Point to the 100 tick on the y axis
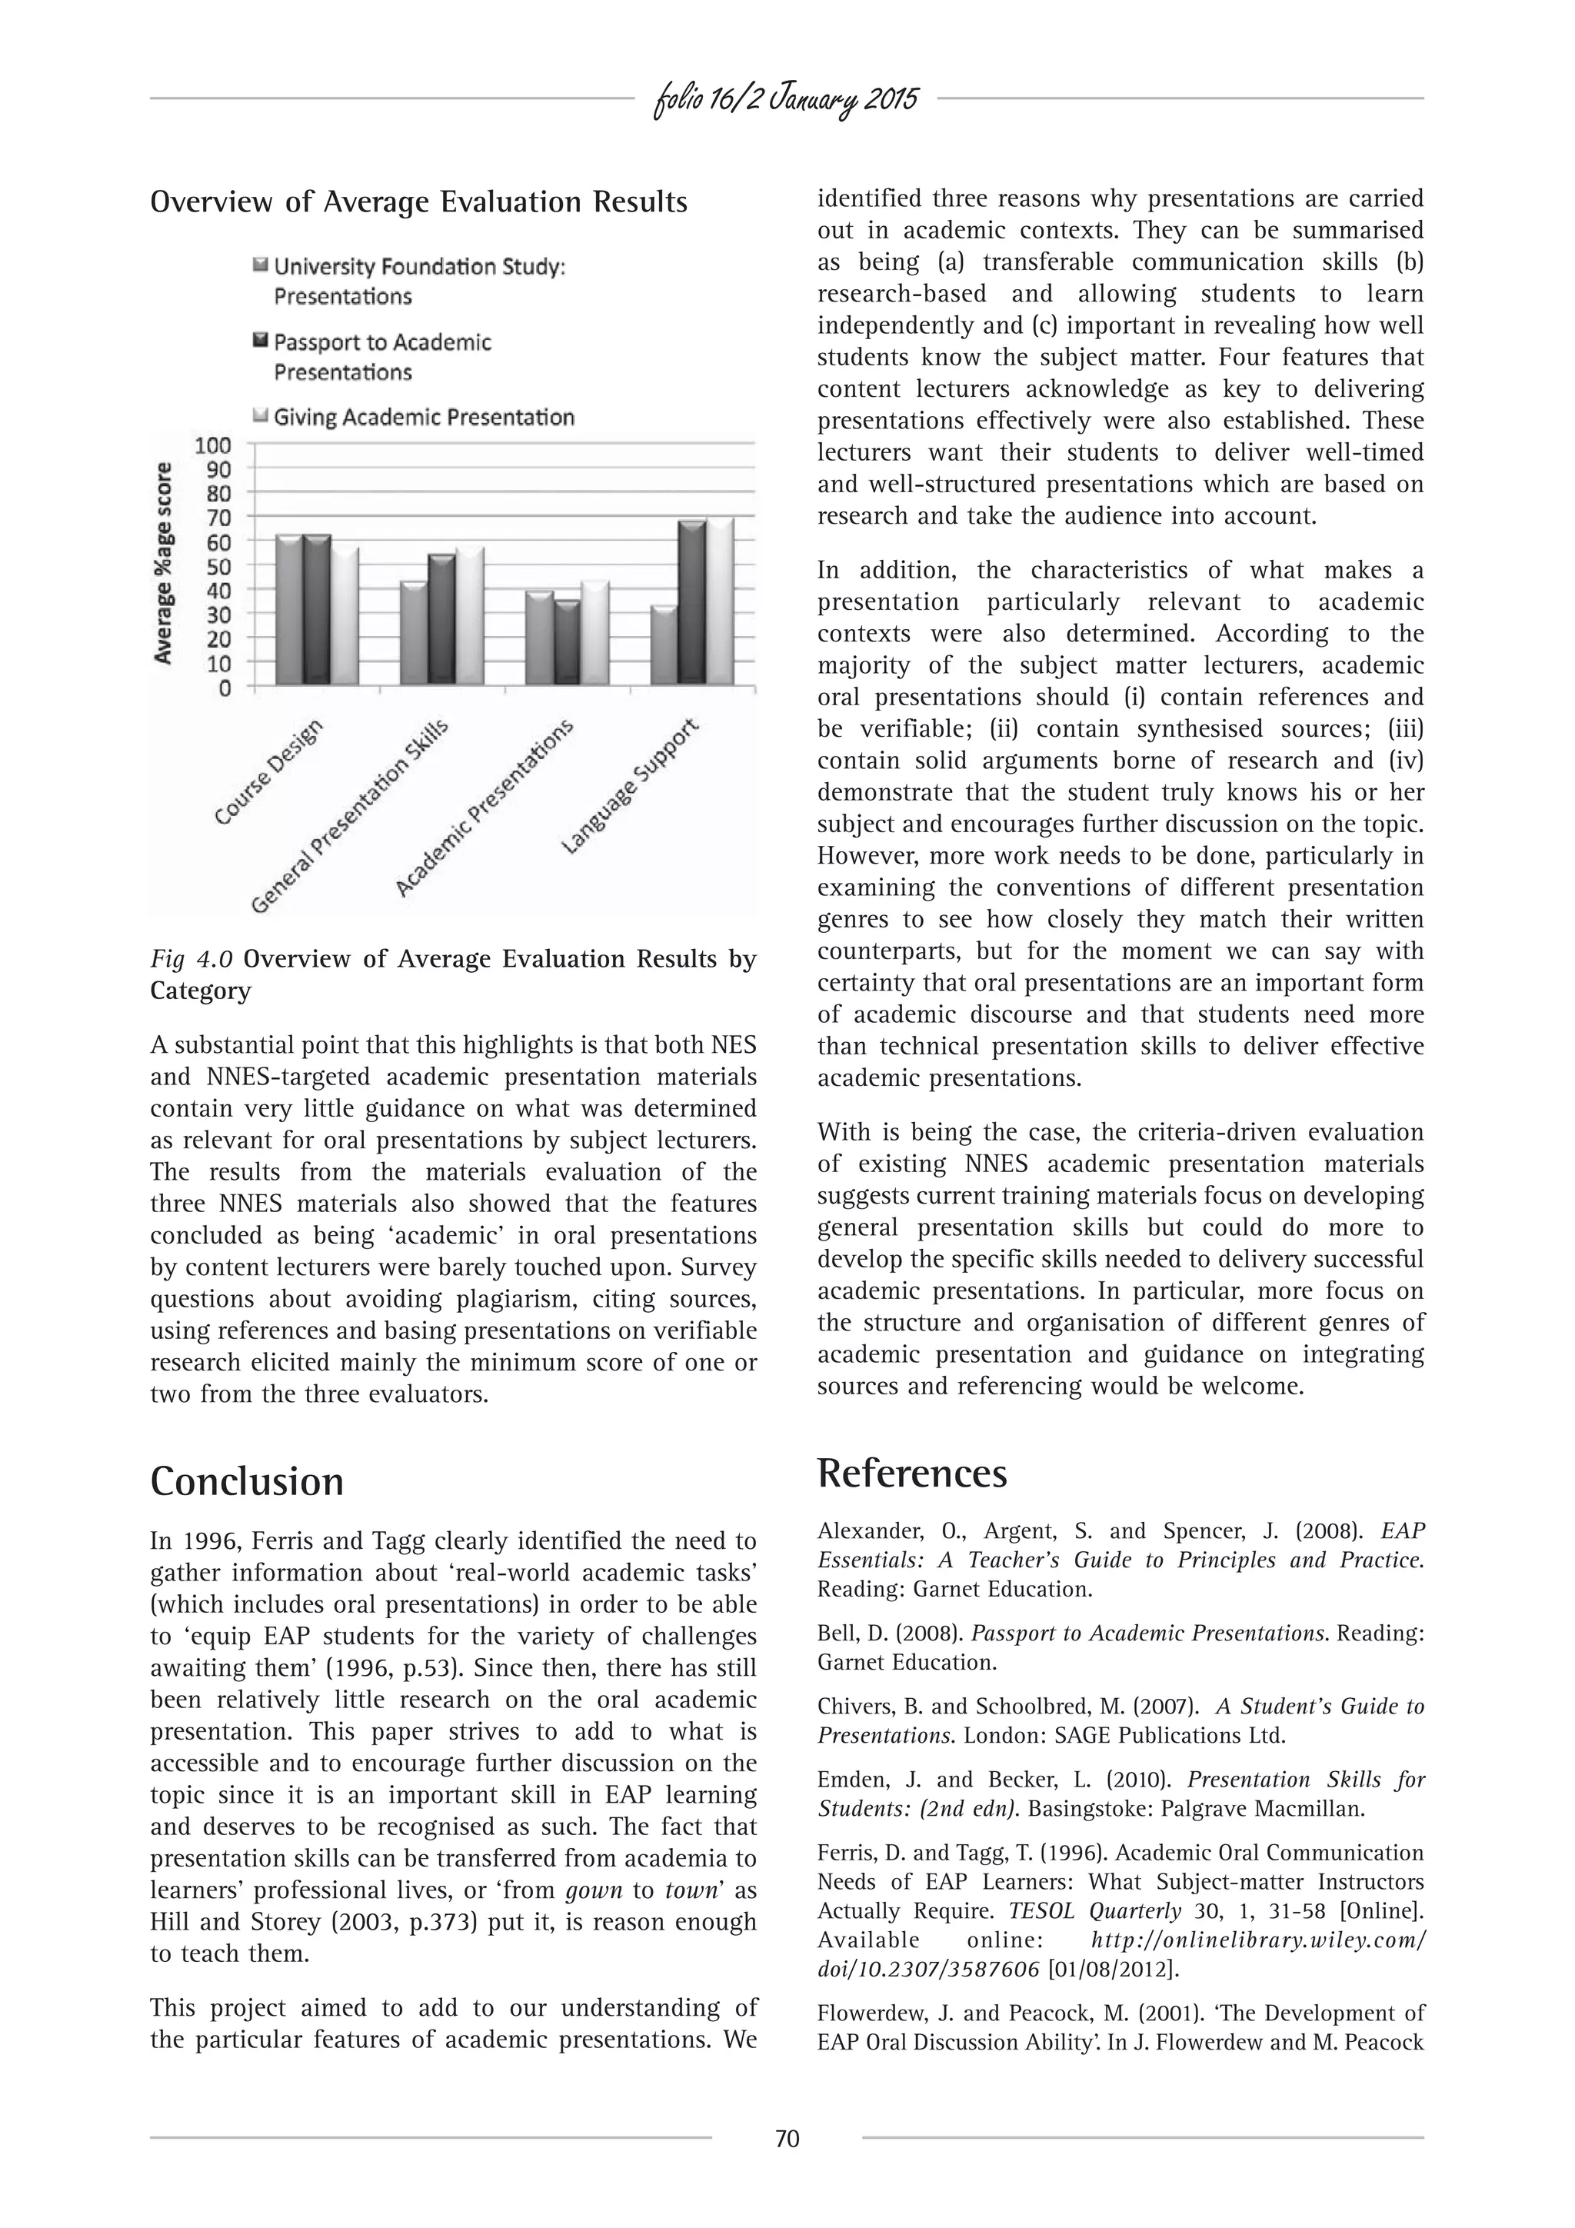(214, 445)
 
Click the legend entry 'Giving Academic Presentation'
(423, 418)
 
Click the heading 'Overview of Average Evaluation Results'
(418, 203)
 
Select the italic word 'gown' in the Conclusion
(593, 1890)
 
